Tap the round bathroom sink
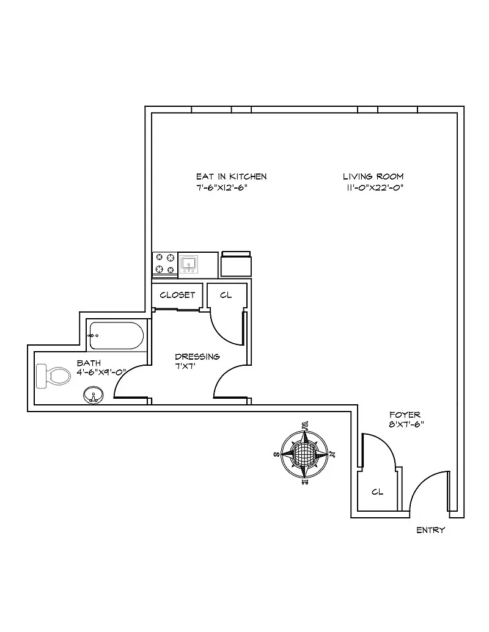click(x=93, y=395)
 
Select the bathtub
click(x=117, y=335)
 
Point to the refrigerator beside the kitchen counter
click(x=236, y=264)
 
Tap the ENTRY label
click(x=430, y=531)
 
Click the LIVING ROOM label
click(x=373, y=176)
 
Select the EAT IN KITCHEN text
click(x=231, y=176)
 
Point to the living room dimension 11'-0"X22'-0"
click(x=375, y=187)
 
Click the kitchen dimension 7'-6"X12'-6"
click(x=222, y=187)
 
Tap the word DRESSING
click(x=197, y=357)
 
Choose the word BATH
click(x=89, y=363)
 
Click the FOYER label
click(x=405, y=415)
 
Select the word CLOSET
click(x=177, y=295)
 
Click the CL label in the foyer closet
click(x=377, y=492)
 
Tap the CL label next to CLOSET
click(x=226, y=295)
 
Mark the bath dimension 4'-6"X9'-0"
click(x=101, y=372)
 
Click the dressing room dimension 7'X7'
click(x=185, y=367)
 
